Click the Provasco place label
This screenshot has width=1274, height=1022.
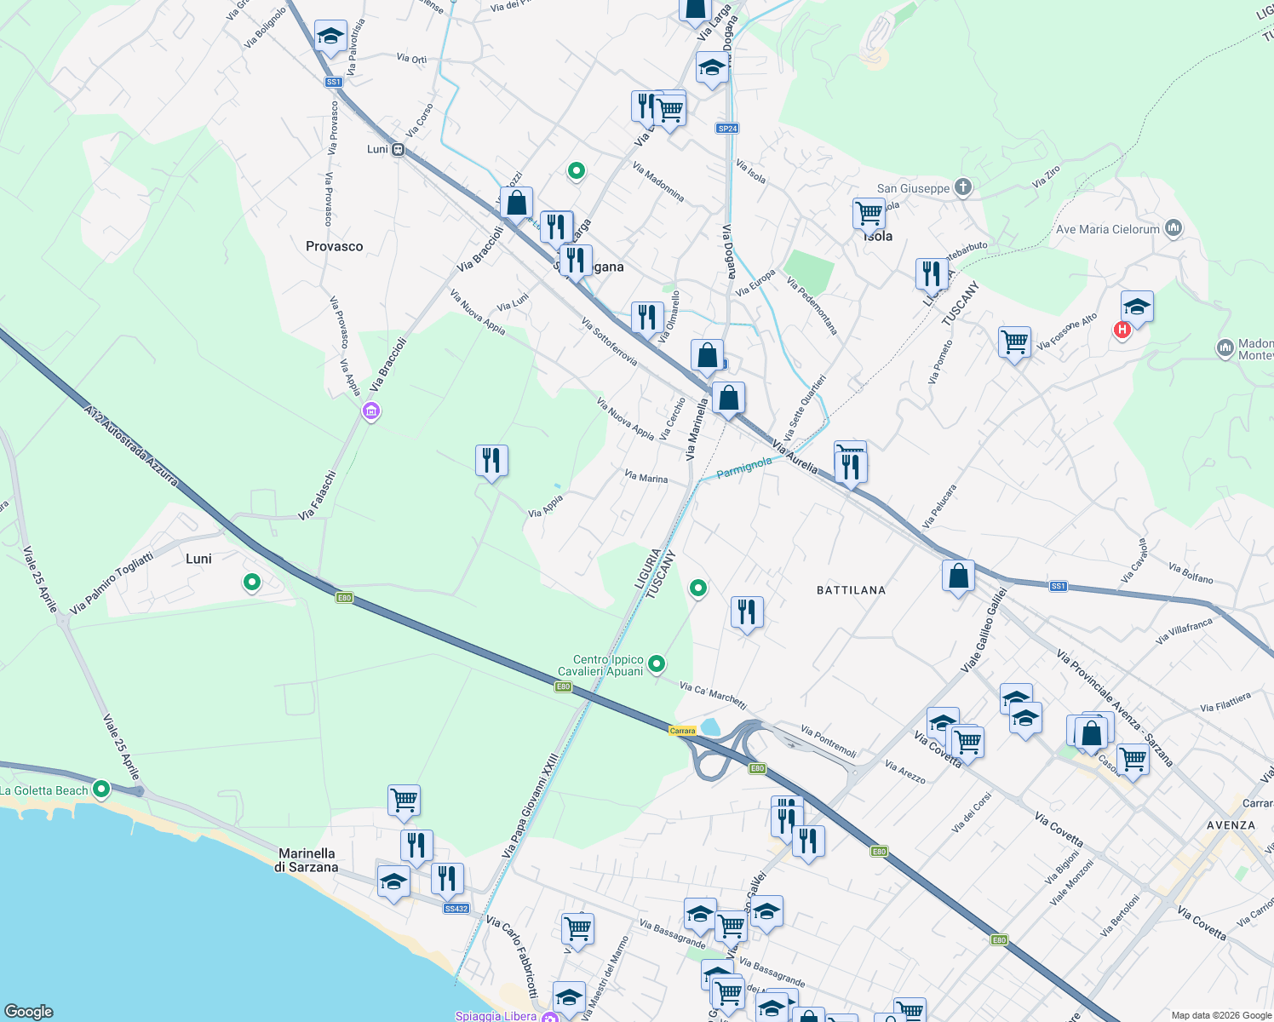pos(334,246)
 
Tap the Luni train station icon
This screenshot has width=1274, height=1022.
pos(398,150)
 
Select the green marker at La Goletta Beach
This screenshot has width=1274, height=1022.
pos(101,789)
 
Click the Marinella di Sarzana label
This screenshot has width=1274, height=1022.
pos(307,860)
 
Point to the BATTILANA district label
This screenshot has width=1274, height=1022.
pos(851,590)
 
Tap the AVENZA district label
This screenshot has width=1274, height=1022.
pos(1231,825)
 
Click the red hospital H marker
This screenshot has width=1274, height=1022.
pos(1122,330)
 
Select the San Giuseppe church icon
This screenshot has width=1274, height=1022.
pos(962,187)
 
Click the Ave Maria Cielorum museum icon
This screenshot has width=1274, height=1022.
pos(1174,228)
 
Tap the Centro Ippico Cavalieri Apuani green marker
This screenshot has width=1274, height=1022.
pos(657,663)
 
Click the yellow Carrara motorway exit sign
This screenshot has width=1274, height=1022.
pos(682,731)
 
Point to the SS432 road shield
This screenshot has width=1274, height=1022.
pos(456,909)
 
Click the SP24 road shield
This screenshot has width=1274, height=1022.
pos(727,129)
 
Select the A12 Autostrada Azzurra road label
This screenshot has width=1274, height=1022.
pos(131,445)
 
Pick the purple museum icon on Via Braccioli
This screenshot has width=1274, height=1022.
pos(370,412)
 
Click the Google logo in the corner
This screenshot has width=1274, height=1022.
pos(29,1011)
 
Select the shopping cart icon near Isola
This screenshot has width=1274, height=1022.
pos(869,213)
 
